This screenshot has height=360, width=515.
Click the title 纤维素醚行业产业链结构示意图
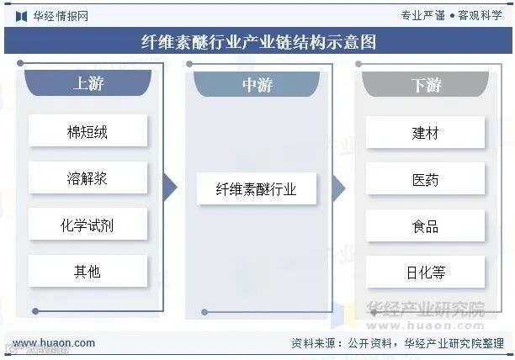point(257,42)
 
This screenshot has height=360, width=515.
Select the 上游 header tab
point(88,84)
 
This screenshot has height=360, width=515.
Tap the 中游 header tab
point(257,85)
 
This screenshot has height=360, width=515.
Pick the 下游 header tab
point(426,85)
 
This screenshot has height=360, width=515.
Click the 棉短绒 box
point(88,132)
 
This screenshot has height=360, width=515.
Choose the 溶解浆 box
point(88,178)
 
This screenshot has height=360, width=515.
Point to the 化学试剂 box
point(88,225)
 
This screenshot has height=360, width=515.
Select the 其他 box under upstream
point(88,271)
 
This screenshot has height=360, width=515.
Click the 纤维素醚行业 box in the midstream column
point(257,189)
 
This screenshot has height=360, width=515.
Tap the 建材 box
point(426,133)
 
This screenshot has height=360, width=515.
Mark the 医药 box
point(426,179)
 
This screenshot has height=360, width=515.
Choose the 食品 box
point(426,225)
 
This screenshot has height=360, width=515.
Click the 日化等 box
point(426,272)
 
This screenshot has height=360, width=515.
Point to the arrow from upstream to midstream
point(170,188)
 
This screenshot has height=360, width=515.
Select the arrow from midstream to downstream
point(338,188)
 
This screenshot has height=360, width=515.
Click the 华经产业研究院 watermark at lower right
point(426,310)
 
